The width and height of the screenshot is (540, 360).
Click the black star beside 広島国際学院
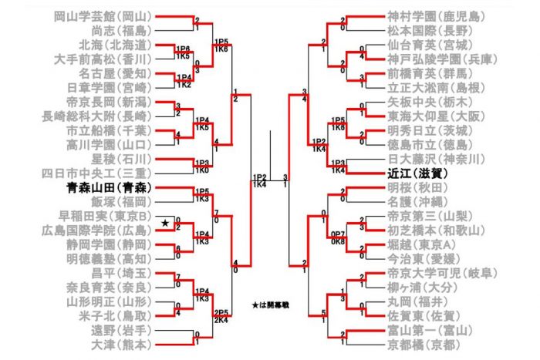coord(165,223)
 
